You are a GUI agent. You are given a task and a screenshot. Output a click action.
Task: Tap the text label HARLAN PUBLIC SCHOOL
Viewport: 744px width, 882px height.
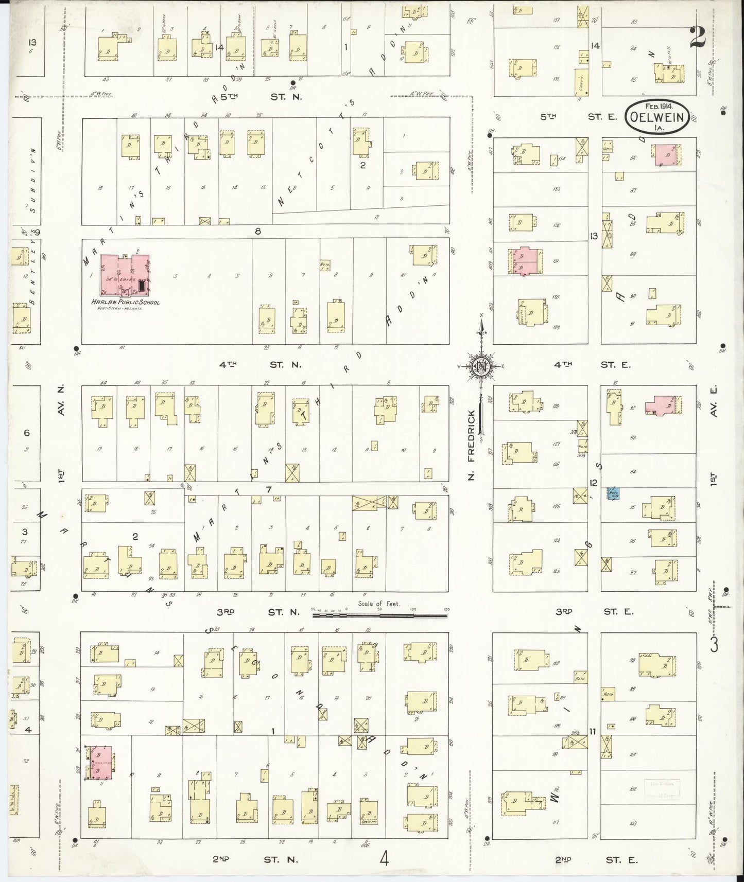click(125, 302)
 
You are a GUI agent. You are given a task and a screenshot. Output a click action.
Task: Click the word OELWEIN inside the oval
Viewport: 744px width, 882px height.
click(659, 118)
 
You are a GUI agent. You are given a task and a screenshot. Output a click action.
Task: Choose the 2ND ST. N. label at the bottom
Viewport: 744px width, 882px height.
click(255, 859)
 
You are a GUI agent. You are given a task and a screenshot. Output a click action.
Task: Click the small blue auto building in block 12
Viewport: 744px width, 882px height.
click(614, 493)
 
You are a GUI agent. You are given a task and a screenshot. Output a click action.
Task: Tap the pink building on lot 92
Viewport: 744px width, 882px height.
click(665, 405)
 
